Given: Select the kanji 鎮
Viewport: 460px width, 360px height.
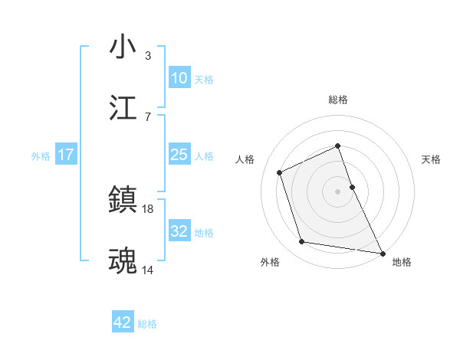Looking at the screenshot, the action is pos(123,201).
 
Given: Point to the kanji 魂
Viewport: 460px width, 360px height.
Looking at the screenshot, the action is pos(123,260).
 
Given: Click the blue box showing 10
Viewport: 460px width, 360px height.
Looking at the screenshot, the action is pos(179,78).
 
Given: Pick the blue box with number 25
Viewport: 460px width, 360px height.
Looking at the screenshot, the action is pos(179,155).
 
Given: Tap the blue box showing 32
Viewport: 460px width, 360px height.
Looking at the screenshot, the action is pos(179,231).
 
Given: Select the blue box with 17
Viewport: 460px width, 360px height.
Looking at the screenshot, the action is pos(66,155).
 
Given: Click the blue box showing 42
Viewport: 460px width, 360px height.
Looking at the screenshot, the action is pos(123,322).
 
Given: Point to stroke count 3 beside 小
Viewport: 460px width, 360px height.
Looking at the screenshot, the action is pos(147,56).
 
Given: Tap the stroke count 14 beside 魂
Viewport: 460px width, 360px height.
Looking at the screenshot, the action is pos(148,269).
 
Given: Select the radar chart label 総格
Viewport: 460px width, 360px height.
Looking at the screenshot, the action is pos(338,100).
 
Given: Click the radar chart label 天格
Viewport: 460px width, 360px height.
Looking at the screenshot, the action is pos(431,159).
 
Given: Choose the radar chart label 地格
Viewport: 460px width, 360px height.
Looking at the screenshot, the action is pos(402,262).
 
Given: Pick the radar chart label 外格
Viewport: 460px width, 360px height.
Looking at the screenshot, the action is pos(270,262).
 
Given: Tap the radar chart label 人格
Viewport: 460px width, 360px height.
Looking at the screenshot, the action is pos(246,159).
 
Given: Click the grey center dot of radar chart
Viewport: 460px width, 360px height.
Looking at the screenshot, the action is pos(338,191).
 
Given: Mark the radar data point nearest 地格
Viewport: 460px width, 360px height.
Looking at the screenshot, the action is pos(382,251).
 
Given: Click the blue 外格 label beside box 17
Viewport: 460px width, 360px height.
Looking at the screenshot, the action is pos(41,155).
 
